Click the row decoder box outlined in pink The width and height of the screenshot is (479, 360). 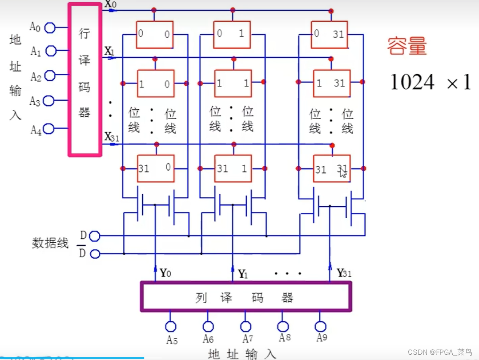85,80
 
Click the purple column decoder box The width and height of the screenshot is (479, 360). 245,296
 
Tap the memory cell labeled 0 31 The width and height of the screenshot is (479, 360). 330,34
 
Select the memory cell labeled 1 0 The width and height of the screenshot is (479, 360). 155,84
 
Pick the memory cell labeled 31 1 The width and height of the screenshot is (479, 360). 233,168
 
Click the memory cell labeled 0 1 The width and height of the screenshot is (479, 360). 231,34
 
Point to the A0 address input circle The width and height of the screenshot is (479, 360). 50,28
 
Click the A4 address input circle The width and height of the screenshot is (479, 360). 49,129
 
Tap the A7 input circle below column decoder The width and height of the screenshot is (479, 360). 245,326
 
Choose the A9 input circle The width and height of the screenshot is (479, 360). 321,326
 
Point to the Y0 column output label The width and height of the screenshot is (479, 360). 165,273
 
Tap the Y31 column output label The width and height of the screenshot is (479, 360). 344,273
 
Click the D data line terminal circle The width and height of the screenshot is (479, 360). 95,236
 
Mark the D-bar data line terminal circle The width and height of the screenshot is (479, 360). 95,254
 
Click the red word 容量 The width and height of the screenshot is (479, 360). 407,46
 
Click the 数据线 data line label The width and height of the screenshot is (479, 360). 50,243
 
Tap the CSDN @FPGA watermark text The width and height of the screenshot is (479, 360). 445,352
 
